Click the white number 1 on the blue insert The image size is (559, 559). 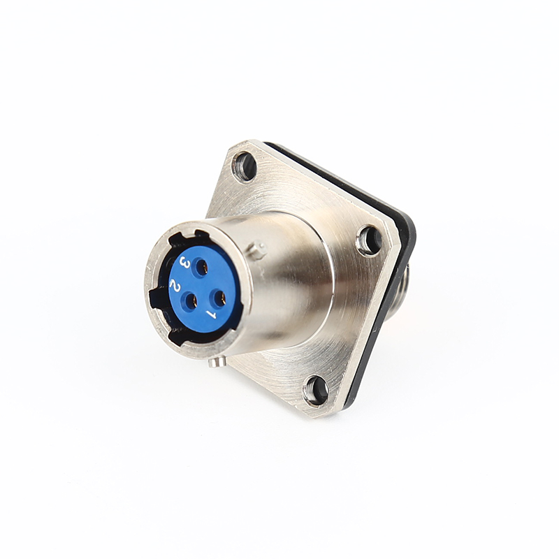212,314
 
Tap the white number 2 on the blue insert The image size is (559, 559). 176,285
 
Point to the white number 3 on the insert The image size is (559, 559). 185,263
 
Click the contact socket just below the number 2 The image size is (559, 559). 189,300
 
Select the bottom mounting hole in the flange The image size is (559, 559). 316,389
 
